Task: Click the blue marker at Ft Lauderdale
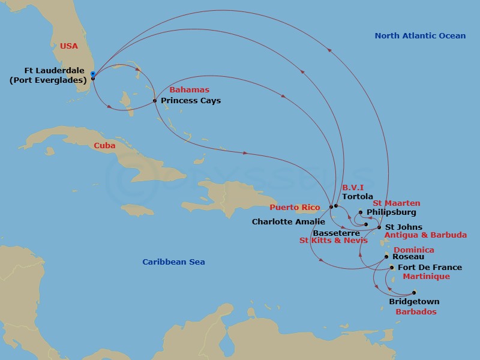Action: pyautogui.click(x=92, y=74)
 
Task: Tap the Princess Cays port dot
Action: pyautogui.click(x=155, y=101)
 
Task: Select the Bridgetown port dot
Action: pyautogui.click(x=413, y=293)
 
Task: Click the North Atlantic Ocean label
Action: pyautogui.click(x=420, y=36)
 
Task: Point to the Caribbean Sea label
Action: pyautogui.click(x=173, y=262)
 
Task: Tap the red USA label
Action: pyautogui.click(x=69, y=46)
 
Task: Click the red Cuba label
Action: pyautogui.click(x=104, y=146)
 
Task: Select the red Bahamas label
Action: pyautogui.click(x=189, y=90)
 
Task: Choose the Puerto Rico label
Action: pyautogui.click(x=295, y=208)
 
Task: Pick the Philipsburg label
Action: pyautogui.click(x=391, y=212)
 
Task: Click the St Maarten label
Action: pyautogui.click(x=397, y=203)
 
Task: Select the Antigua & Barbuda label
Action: pyautogui.click(x=425, y=235)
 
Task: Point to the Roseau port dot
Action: pyautogui.click(x=386, y=256)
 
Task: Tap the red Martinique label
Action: pyautogui.click(x=426, y=277)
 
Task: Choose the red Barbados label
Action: pyautogui.click(x=416, y=312)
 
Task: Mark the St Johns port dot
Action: pyautogui.click(x=379, y=227)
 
